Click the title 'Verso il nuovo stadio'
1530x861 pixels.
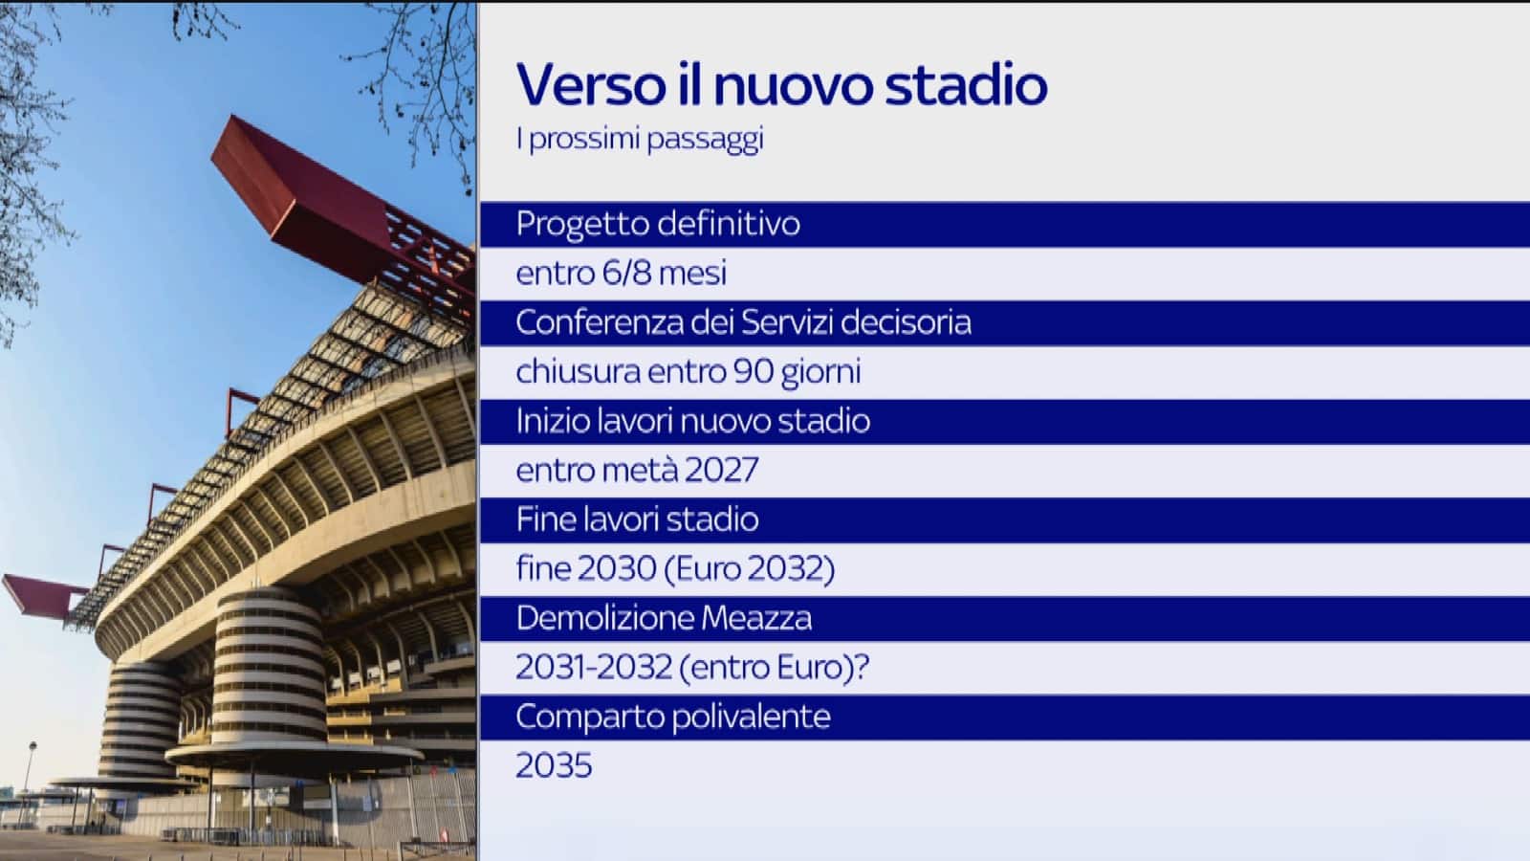pyautogui.click(x=781, y=84)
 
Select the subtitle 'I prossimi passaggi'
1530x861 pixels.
pyautogui.click(x=639, y=139)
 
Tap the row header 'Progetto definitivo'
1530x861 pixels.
pyautogui.click(x=657, y=224)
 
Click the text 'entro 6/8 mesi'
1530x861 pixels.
pyautogui.click(x=621, y=274)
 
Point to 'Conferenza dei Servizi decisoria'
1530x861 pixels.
pyautogui.click(x=743, y=322)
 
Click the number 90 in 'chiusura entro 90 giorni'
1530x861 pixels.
pyautogui.click(x=754, y=371)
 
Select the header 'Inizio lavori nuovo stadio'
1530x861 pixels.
pyautogui.click(x=692, y=421)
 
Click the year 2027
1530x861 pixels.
pyautogui.click(x=721, y=471)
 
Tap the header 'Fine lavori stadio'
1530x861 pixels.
pyautogui.click(x=637, y=519)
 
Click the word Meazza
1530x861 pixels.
pyautogui.click(x=756, y=618)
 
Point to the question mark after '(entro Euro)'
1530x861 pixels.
pyautogui.click(x=861, y=667)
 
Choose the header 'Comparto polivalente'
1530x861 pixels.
pyautogui.click(x=672, y=717)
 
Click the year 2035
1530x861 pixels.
pyautogui.click(x=554, y=766)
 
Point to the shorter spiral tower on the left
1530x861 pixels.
pyautogui.click(x=143, y=717)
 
